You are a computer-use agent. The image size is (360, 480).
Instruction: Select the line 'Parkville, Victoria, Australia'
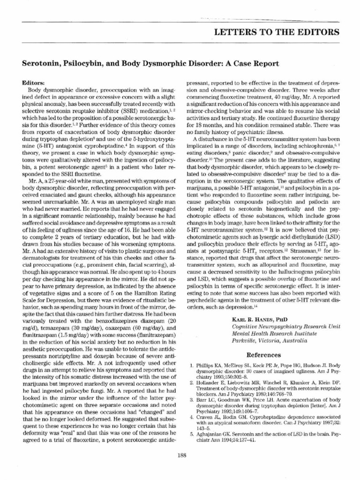click(270, 341)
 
